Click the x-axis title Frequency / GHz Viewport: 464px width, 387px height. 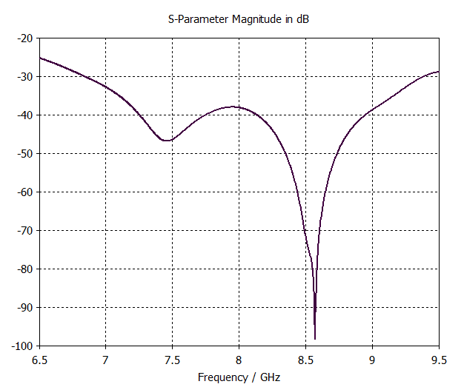tap(239, 377)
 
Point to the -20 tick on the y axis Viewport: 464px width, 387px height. tap(25, 38)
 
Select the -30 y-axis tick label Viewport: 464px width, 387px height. tap(25, 76)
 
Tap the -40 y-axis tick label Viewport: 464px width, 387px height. tap(25, 115)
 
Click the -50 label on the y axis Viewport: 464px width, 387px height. tap(25, 153)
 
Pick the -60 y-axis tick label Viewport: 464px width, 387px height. tap(25, 192)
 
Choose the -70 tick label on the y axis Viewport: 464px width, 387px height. tap(25, 230)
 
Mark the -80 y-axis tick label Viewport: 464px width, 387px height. tap(25, 269)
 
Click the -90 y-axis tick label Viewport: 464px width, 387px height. tap(25, 307)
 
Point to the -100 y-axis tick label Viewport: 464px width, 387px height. tap(23, 346)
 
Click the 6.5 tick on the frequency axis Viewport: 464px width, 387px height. tap(39, 360)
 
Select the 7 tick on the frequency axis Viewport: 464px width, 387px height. tap(106, 360)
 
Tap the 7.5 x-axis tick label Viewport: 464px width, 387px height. tap(173, 360)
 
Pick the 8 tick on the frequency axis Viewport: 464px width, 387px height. tap(239, 360)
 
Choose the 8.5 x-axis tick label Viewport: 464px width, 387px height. tap(305, 360)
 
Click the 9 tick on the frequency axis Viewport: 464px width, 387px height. tap(372, 360)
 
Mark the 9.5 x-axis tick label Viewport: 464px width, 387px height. tap(439, 360)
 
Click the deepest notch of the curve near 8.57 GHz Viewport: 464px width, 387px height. tap(315, 338)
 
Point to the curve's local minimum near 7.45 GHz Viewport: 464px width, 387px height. tap(168, 141)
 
